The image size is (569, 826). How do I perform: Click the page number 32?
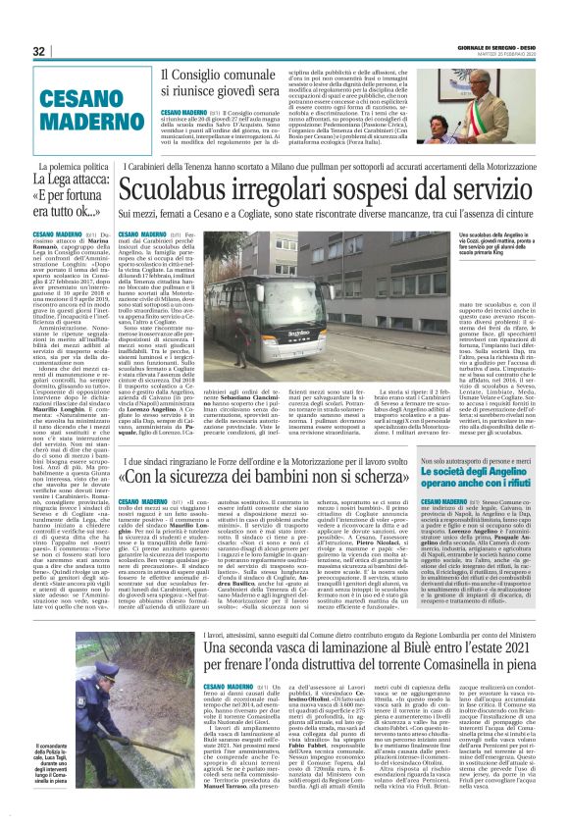tap(39, 51)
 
